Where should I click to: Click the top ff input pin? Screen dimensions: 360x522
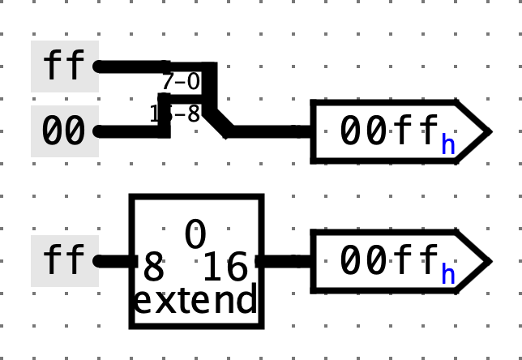pyautogui.click(x=64, y=66)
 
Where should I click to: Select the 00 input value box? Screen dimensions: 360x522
pyautogui.click(x=64, y=131)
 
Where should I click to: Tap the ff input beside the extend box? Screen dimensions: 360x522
pyautogui.click(x=64, y=260)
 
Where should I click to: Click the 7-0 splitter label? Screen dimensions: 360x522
pyautogui.click(x=180, y=81)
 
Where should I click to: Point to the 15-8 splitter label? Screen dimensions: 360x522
pyautogui.click(x=175, y=114)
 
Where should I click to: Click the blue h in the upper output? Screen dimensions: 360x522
pyautogui.click(x=447, y=144)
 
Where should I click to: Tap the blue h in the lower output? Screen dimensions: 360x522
pyautogui.click(x=447, y=274)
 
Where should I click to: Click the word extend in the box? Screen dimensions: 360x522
pyautogui.click(x=195, y=301)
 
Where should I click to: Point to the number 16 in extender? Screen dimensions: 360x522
pyautogui.click(x=225, y=267)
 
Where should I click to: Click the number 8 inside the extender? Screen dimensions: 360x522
pyautogui.click(x=153, y=267)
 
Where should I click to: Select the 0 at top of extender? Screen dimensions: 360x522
pyautogui.click(x=195, y=234)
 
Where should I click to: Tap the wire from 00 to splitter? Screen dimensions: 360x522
pyautogui.click(x=130, y=131)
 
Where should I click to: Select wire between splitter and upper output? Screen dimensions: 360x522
pyautogui.click(x=267, y=131)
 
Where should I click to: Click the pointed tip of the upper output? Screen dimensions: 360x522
pyautogui.click(x=487, y=131)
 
